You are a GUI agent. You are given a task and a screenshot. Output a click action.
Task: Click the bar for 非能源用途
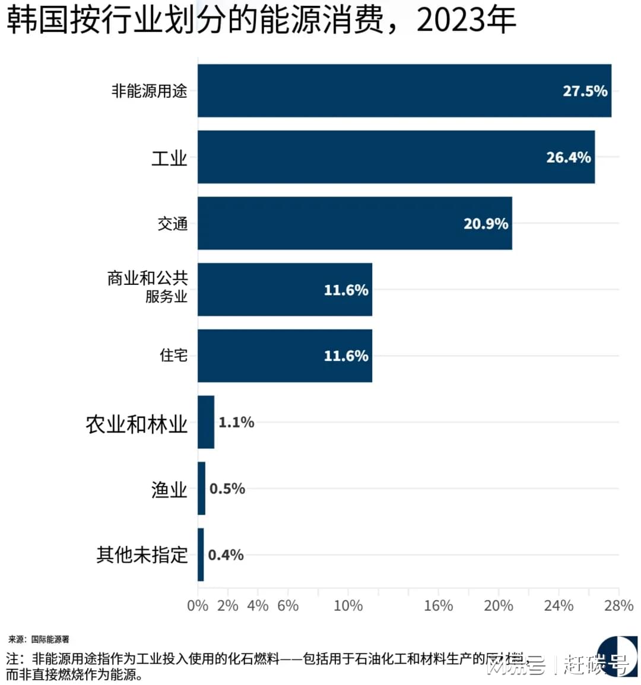pyautogui.click(x=404, y=91)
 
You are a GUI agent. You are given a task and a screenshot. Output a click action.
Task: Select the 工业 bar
pyautogui.click(x=396, y=157)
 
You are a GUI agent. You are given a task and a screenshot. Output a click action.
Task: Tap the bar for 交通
pyautogui.click(x=354, y=224)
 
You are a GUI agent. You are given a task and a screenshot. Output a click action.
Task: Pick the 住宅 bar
pyautogui.click(x=285, y=356)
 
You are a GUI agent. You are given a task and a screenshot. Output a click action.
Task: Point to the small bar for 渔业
pyautogui.click(x=202, y=489)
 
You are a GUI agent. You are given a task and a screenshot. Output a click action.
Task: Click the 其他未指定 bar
pyautogui.click(x=201, y=555)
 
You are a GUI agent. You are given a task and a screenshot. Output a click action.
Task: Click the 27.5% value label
pyautogui.click(x=585, y=91)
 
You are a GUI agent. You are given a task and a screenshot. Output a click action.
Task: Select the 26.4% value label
pyautogui.click(x=568, y=157)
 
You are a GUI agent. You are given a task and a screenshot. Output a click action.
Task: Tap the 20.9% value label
pyautogui.click(x=485, y=224)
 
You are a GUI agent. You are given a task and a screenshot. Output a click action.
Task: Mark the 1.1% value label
pyautogui.click(x=236, y=422)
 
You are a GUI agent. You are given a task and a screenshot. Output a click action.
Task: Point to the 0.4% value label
pyautogui.click(x=226, y=555)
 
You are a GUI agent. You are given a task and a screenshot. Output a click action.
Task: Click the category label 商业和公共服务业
pyautogui.click(x=148, y=287)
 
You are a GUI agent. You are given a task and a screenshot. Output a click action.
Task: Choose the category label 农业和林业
pyautogui.click(x=137, y=424)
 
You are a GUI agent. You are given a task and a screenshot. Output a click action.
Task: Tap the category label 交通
pyautogui.click(x=173, y=224)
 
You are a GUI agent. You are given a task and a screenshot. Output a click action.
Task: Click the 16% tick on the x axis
pyautogui.click(x=438, y=605)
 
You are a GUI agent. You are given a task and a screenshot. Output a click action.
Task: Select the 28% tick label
pyautogui.click(x=618, y=605)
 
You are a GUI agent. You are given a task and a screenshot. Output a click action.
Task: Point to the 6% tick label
pyautogui.click(x=288, y=605)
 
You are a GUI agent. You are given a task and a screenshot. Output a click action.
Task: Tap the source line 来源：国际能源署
pyautogui.click(x=39, y=639)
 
